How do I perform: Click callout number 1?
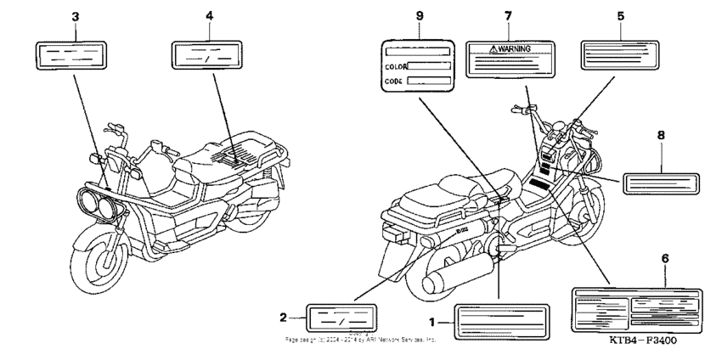(x=433, y=322)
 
